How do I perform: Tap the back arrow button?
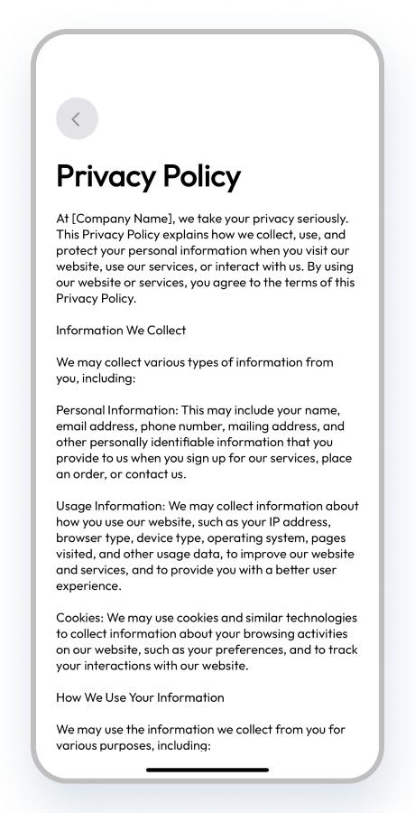point(77,118)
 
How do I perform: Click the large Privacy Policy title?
point(148,176)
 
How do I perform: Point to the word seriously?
point(318,220)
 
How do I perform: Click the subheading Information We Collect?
point(121,331)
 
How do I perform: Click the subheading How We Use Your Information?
point(140,697)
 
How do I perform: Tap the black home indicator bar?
point(207,770)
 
